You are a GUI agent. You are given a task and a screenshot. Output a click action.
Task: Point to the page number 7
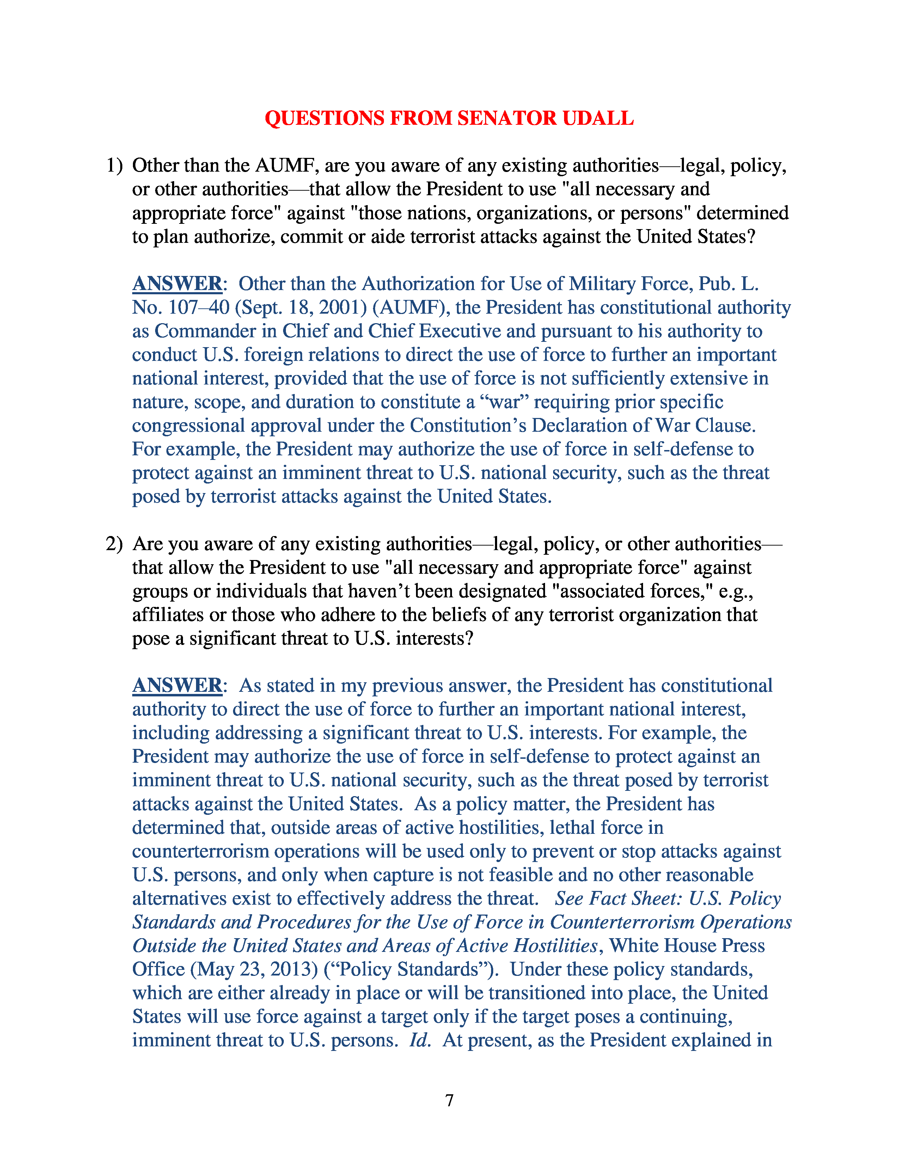pyautogui.click(x=449, y=1100)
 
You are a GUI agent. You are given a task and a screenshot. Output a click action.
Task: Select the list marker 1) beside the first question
pyautogui.click(x=114, y=166)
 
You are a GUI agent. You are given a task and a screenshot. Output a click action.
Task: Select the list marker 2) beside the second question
pyautogui.click(x=114, y=544)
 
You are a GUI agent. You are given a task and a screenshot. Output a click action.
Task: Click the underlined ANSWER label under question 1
pyautogui.click(x=177, y=284)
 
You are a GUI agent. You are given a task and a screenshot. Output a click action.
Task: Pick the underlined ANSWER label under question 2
pyautogui.click(x=177, y=685)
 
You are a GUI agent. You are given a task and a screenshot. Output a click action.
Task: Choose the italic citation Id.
pyautogui.click(x=419, y=1040)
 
